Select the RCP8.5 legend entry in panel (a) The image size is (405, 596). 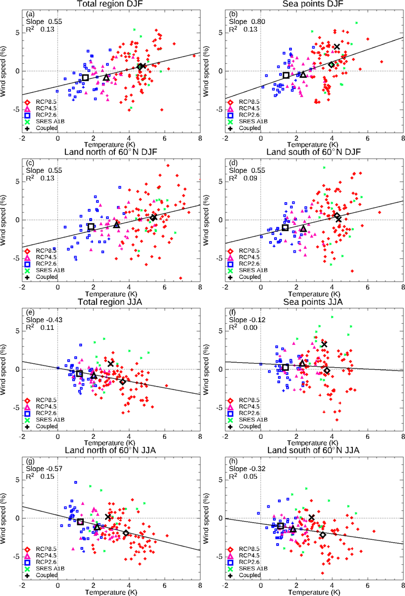pos(45,102)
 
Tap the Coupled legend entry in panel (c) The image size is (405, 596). pos(46,277)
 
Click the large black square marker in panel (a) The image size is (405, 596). pos(85,77)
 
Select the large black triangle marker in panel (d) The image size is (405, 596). pos(303,228)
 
